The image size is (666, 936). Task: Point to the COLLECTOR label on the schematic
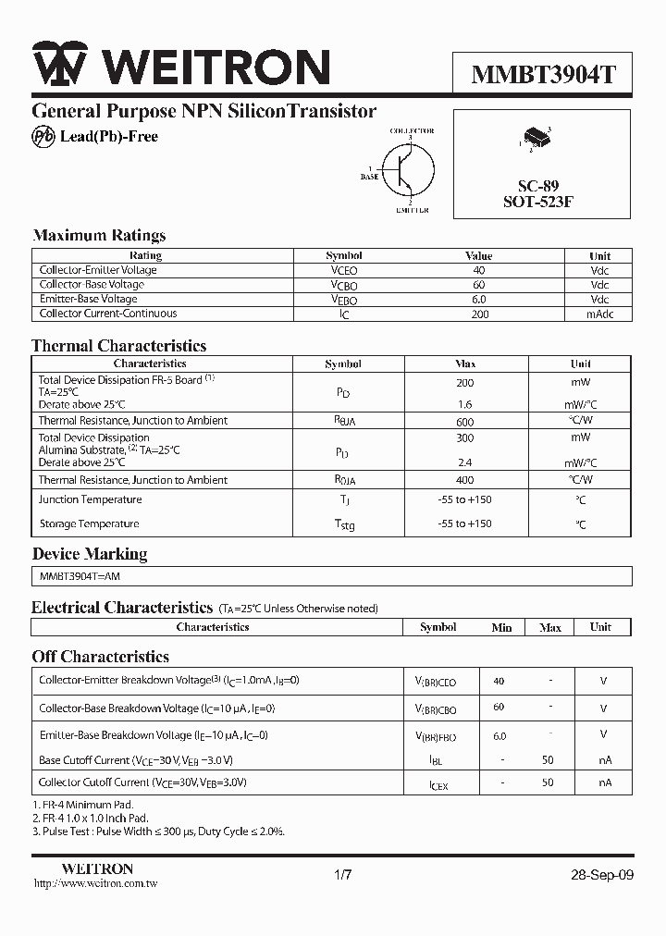point(412,131)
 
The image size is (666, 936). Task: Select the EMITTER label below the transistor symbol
point(412,210)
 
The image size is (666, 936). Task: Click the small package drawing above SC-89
point(536,140)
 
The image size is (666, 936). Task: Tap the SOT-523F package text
point(538,202)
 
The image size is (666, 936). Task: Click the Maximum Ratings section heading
point(99,235)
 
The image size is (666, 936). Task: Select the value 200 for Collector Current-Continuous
point(478,314)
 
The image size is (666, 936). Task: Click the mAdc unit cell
point(599,314)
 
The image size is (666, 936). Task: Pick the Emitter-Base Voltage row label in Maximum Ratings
point(88,299)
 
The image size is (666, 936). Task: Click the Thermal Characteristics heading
point(119,346)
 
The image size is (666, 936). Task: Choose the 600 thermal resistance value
point(464,420)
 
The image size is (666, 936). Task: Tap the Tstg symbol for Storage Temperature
point(343,524)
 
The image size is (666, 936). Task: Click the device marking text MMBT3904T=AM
point(80,575)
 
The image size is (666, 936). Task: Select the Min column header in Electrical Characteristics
point(501,627)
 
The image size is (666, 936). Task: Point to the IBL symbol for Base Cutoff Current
point(437,760)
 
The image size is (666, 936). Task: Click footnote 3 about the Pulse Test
point(158,831)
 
